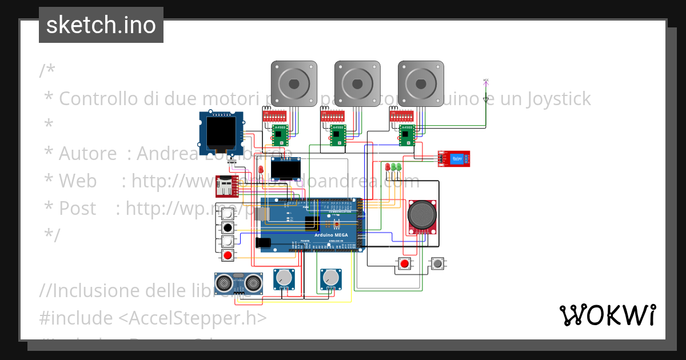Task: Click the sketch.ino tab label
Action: click(101, 25)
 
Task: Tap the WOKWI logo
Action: click(607, 315)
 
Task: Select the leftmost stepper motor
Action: click(294, 83)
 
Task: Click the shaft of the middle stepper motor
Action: click(357, 83)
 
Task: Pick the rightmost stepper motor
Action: click(421, 83)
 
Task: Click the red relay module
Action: click(454, 158)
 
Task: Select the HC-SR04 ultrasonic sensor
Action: click(238, 282)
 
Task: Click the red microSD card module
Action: click(226, 186)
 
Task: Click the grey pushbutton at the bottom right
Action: click(438, 263)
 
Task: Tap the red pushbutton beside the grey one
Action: click(405, 263)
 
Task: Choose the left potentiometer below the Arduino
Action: click(284, 278)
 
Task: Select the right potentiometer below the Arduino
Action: click(330, 278)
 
